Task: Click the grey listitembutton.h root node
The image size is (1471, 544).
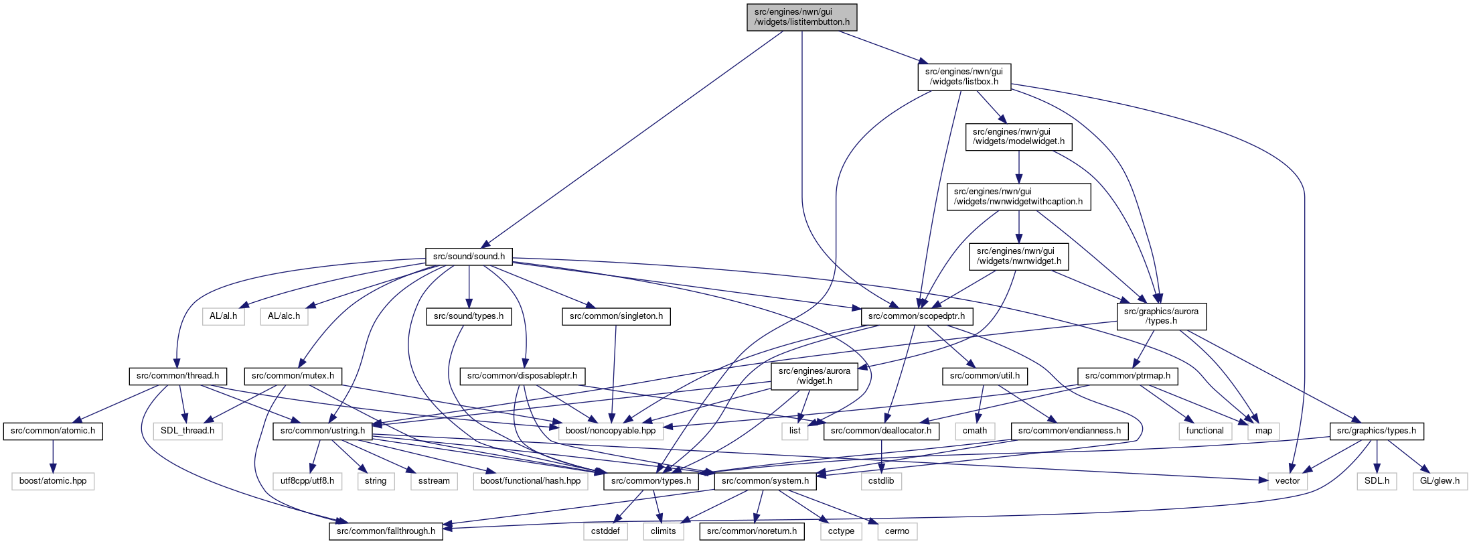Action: pos(802,17)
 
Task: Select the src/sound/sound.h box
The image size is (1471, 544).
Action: pos(469,257)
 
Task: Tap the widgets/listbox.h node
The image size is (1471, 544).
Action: pos(964,76)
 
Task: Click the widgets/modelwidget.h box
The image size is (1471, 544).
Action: pos(1018,137)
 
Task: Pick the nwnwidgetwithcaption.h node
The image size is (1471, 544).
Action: pos(1018,196)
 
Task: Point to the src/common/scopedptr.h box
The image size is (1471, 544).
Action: pos(917,316)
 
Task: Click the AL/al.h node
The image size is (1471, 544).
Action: pos(224,316)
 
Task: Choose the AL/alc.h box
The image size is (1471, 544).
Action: pos(284,316)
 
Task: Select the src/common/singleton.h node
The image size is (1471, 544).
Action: pos(616,316)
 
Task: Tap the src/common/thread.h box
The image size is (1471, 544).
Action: pos(177,376)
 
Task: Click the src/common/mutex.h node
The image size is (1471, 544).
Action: pos(293,376)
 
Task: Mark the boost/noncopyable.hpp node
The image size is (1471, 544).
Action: pos(611,431)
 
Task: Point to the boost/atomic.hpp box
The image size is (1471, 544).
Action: pos(53,481)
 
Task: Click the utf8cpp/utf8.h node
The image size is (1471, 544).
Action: pos(307,481)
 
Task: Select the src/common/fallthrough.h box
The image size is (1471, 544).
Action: pos(386,531)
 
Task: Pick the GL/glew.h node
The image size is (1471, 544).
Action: pos(1440,481)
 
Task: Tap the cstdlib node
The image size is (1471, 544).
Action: pos(881,481)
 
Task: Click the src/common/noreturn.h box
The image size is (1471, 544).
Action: pos(752,531)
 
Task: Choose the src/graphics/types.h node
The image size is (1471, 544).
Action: pos(1376,431)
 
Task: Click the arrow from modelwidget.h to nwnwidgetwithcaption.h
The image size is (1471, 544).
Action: pos(1018,167)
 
